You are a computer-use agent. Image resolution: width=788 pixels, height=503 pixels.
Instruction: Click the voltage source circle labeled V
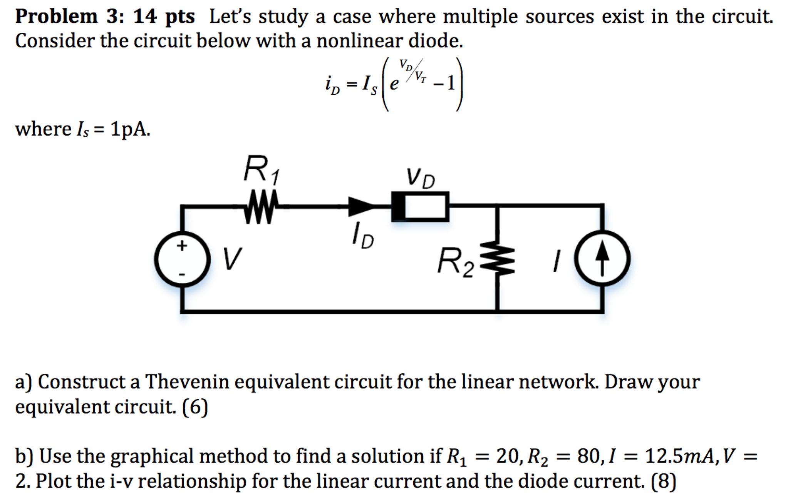click(182, 259)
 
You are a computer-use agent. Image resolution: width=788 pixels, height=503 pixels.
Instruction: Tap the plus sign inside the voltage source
click(182, 245)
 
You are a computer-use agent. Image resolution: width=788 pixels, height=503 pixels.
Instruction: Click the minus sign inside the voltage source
click(182, 274)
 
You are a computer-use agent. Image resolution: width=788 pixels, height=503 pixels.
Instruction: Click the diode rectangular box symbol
click(420, 207)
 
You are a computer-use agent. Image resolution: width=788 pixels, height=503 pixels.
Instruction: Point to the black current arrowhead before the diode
click(360, 206)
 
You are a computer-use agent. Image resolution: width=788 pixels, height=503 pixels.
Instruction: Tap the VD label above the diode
click(420, 177)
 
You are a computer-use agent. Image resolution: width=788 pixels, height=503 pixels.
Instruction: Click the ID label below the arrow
click(362, 235)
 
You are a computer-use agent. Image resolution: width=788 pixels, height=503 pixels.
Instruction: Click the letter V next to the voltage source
click(232, 259)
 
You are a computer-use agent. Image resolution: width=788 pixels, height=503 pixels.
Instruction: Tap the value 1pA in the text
click(130, 129)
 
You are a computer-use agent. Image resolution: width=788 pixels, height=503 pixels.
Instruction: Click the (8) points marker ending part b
click(663, 481)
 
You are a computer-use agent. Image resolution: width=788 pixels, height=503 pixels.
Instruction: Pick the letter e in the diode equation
click(394, 84)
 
